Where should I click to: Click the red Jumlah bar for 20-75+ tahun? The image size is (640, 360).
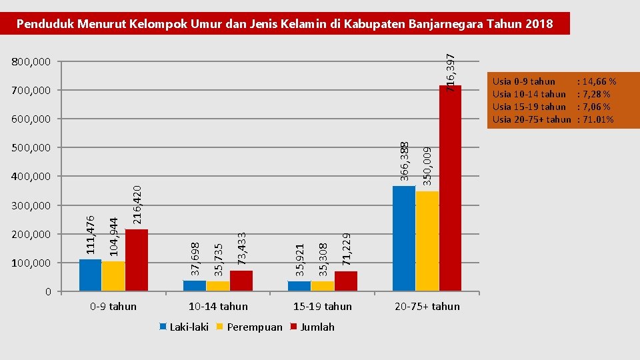(451, 189)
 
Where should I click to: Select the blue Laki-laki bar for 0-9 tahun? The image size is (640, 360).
(90, 275)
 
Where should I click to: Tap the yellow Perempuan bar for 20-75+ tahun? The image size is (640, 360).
(427, 241)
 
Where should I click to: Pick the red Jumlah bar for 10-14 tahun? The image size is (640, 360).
(241, 281)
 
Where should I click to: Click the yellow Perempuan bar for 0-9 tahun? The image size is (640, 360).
(113, 276)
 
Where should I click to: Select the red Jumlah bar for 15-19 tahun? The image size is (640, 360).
(345, 281)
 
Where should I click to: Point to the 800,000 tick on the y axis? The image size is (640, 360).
(31, 62)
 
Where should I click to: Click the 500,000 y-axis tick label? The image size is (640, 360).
(31, 147)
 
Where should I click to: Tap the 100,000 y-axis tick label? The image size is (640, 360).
(31, 263)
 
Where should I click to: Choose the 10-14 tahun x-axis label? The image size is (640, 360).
(218, 307)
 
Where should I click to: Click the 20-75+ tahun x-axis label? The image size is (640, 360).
(427, 307)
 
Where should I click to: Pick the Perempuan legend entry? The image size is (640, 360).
(249, 327)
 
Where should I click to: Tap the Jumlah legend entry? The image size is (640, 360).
(313, 327)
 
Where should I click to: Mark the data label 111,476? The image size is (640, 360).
(91, 233)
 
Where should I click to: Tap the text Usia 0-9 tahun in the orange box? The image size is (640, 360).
(523, 81)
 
